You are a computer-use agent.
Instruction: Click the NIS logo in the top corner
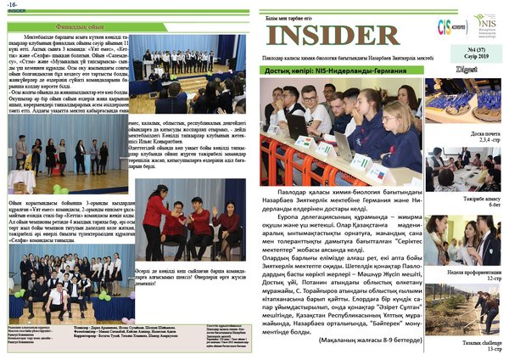pyautogui.click(x=484, y=24)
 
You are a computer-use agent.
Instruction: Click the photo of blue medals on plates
pyautogui.click(x=463, y=104)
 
